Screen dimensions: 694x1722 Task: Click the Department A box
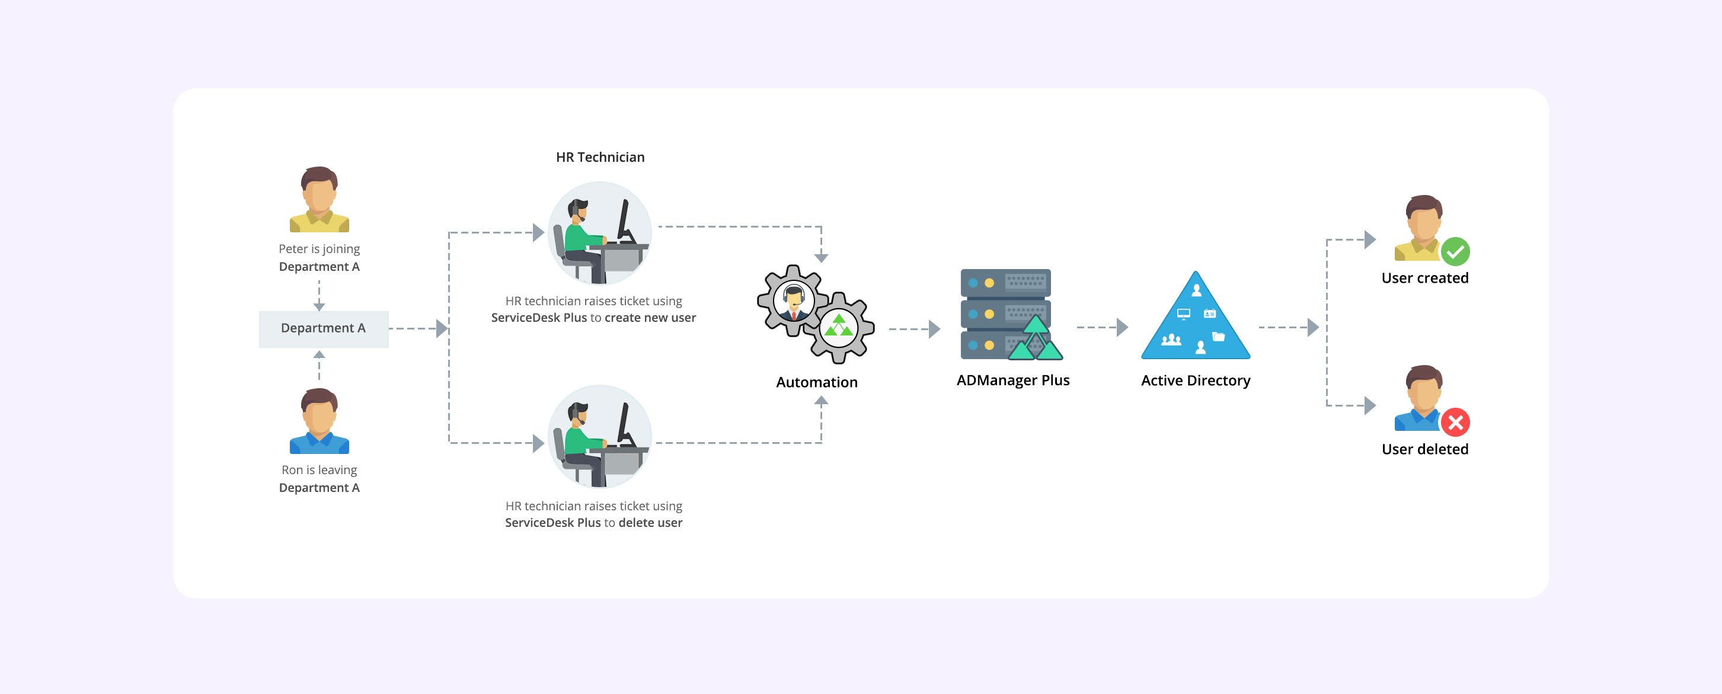click(x=323, y=328)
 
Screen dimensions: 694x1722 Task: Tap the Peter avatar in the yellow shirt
click(x=319, y=200)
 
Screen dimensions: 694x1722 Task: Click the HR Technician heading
click(x=600, y=157)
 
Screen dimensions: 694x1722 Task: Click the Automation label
click(x=816, y=382)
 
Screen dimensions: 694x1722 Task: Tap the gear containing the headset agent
click(x=793, y=301)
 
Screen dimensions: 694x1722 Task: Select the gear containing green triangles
click(x=839, y=328)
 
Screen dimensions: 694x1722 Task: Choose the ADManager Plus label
click(x=1012, y=380)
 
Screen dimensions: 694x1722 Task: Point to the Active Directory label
click(x=1195, y=380)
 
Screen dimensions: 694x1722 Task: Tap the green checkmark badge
click(x=1455, y=252)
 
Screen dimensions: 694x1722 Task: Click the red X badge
click(x=1455, y=423)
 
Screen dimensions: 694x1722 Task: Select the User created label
click(x=1424, y=278)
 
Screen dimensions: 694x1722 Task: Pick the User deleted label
click(x=1424, y=449)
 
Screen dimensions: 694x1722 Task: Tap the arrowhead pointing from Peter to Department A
click(x=319, y=306)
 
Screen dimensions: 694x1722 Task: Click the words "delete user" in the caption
click(x=650, y=523)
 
